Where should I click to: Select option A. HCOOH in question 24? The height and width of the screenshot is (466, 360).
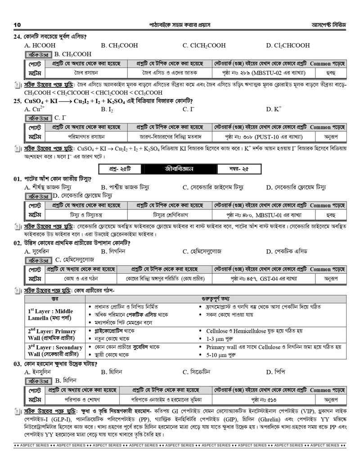click(x=40, y=45)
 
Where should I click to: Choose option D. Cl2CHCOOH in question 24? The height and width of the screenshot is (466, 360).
click(x=288, y=45)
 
